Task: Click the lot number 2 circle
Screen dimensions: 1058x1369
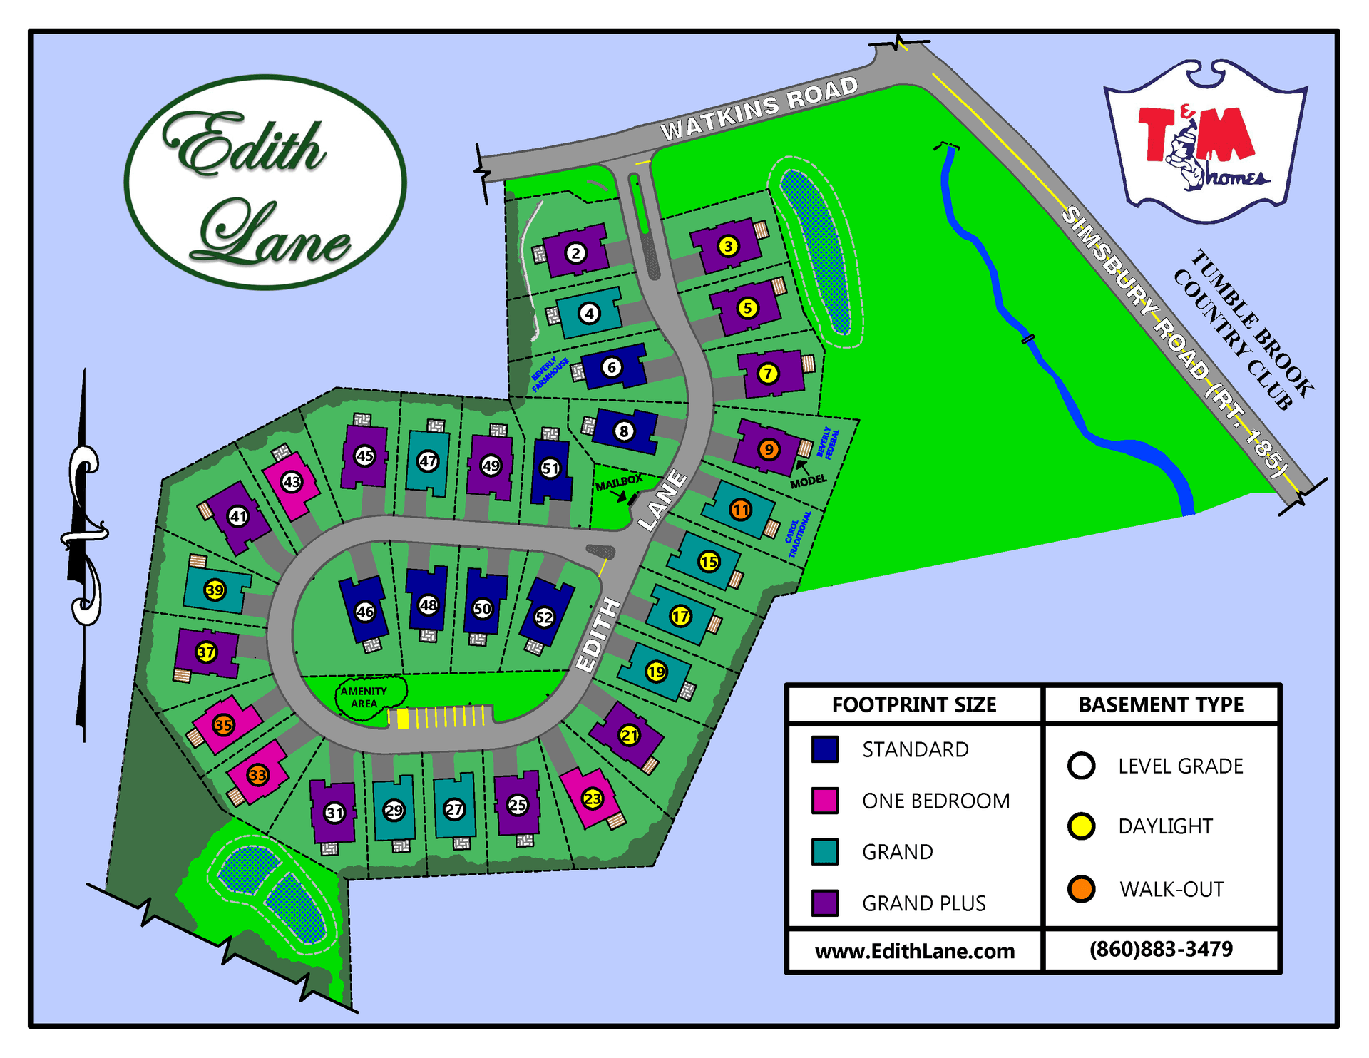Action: point(576,252)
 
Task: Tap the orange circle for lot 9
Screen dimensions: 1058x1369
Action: point(768,450)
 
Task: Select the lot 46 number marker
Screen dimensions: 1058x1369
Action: point(365,611)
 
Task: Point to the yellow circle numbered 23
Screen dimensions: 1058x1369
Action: point(593,799)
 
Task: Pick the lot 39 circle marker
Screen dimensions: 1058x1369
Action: point(215,590)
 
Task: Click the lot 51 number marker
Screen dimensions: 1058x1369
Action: point(550,468)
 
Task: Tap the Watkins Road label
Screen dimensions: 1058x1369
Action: point(759,108)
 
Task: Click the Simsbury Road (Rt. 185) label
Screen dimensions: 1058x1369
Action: point(1176,342)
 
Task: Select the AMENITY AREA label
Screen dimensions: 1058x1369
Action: point(364,697)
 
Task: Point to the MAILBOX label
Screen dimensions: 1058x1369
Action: point(619,483)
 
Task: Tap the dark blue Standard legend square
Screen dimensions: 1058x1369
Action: point(825,749)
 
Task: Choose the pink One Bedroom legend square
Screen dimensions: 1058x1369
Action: point(825,801)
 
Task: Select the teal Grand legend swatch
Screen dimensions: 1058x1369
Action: point(825,852)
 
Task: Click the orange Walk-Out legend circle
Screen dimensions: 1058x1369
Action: point(1081,889)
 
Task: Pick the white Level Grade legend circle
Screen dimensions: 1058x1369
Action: point(1081,766)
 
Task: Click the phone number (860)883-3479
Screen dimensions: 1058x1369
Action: point(1161,950)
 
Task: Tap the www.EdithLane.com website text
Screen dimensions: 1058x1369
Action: point(915,951)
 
